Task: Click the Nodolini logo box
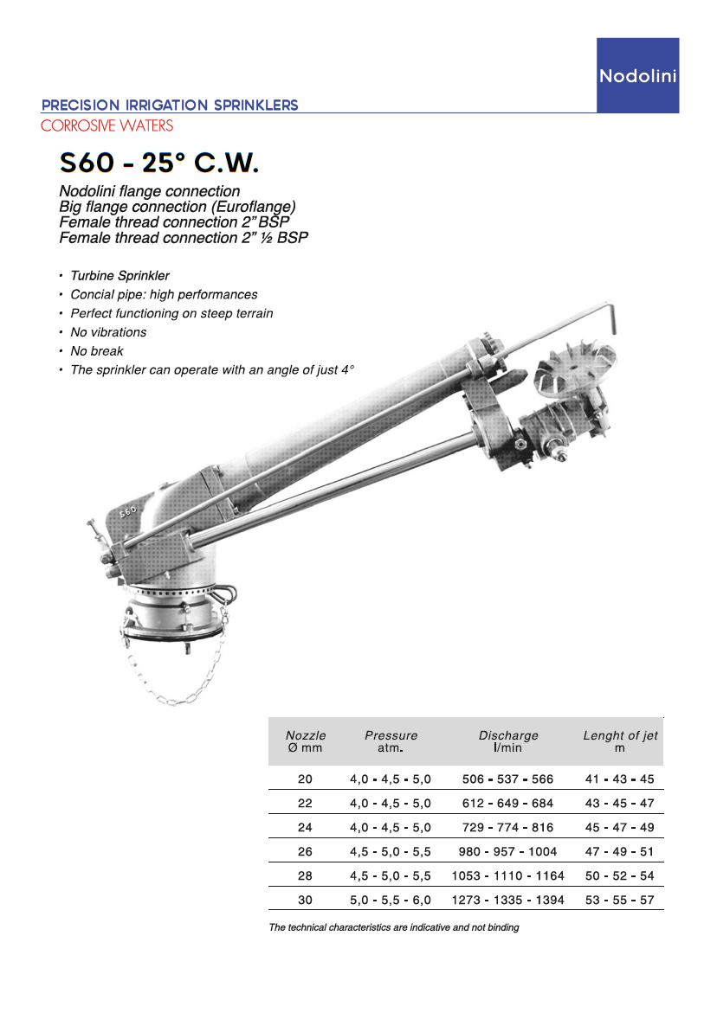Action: [x=637, y=75]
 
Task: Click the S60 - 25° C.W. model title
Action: [x=159, y=162]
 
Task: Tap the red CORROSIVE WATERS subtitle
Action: [x=107, y=125]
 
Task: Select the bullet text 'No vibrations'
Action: [x=108, y=332]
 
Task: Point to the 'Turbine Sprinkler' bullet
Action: [x=119, y=276]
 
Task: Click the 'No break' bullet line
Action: [x=97, y=351]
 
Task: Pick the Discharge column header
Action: [x=508, y=741]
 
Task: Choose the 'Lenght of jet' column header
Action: [x=620, y=741]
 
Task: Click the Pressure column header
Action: [x=391, y=741]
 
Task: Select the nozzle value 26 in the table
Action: [x=305, y=851]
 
